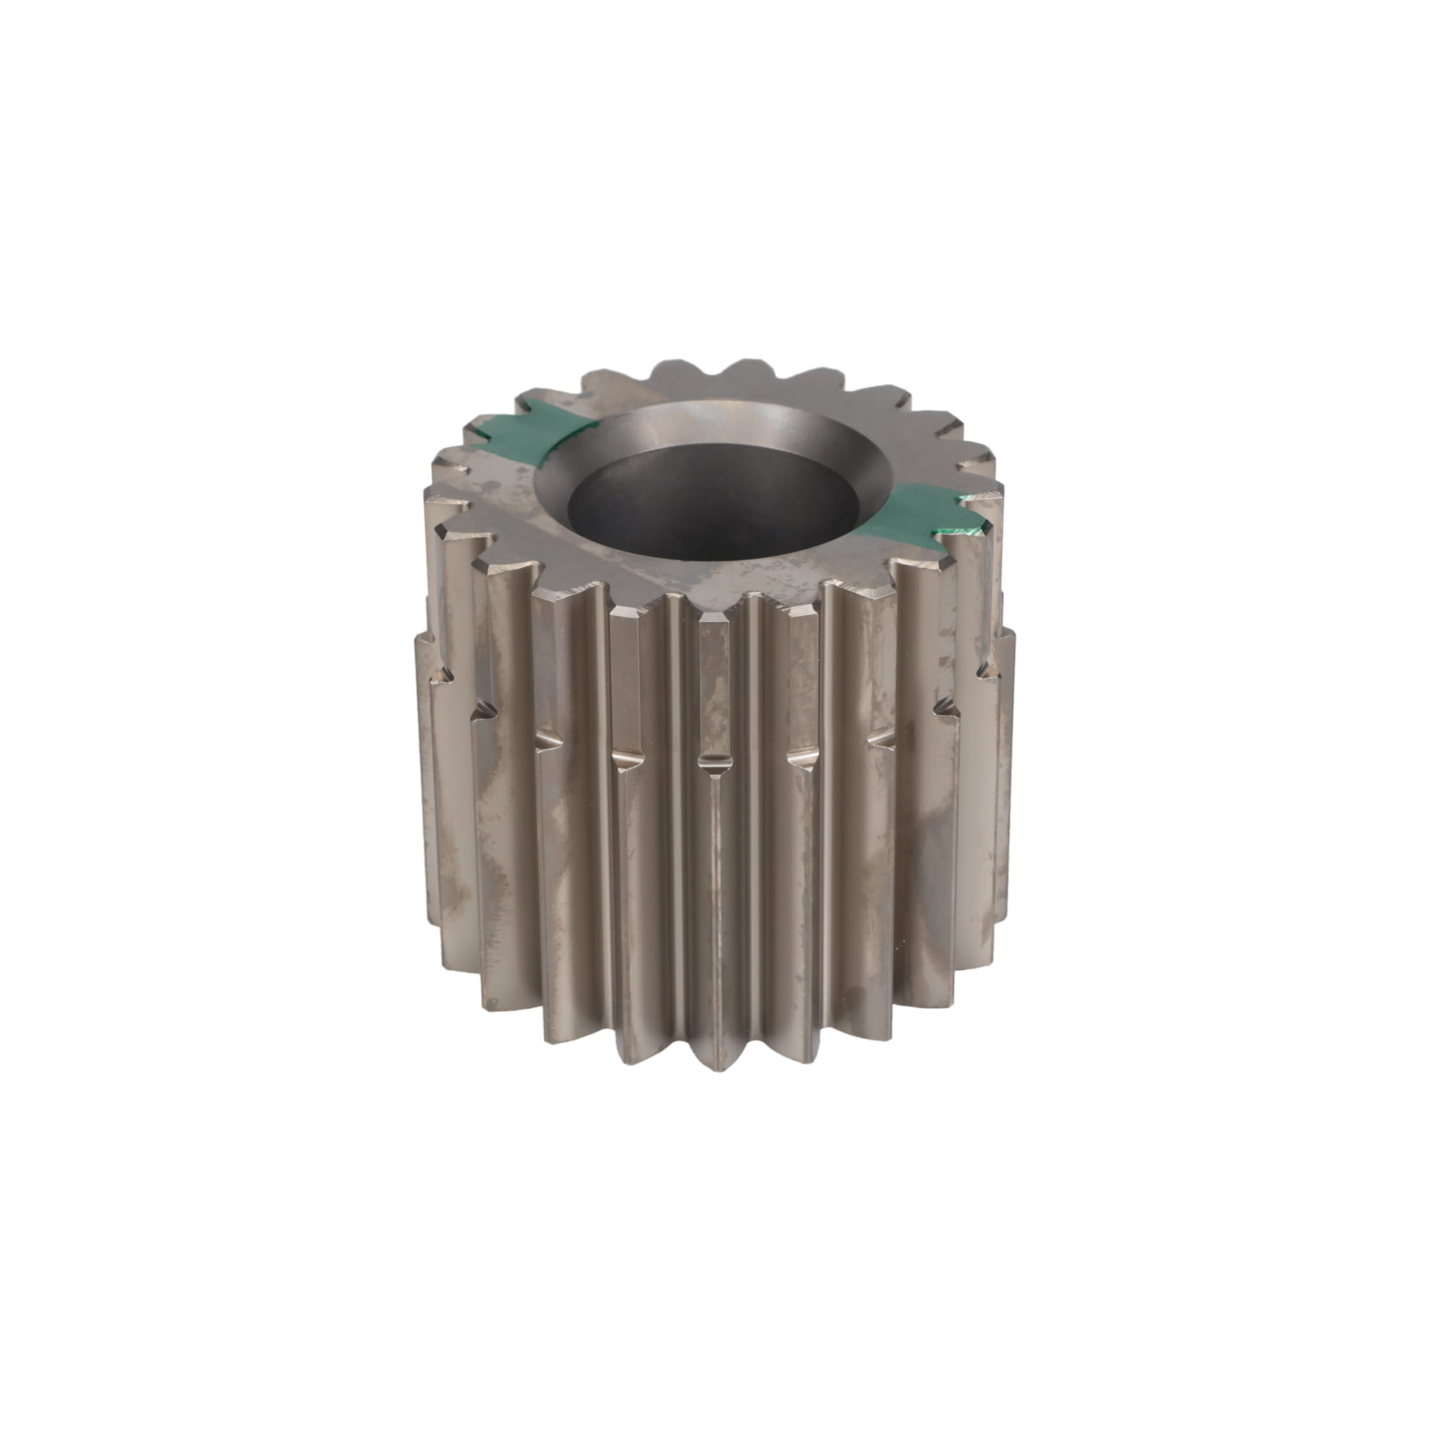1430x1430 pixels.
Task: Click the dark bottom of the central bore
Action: pos(714,511)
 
